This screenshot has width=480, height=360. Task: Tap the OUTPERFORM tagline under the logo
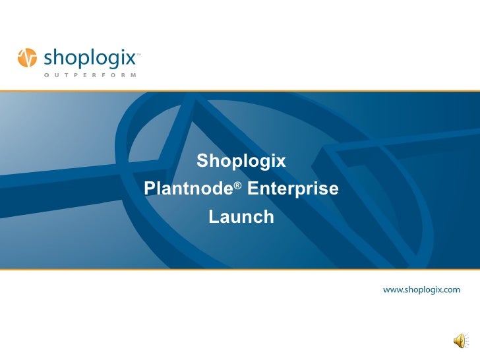pyautogui.click(x=90, y=75)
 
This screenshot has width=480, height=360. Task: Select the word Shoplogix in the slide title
pyautogui.click(x=241, y=161)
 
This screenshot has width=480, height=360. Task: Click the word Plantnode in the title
pyautogui.click(x=187, y=190)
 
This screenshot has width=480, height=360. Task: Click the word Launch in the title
pyautogui.click(x=241, y=217)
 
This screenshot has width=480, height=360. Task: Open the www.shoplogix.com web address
pyautogui.click(x=422, y=289)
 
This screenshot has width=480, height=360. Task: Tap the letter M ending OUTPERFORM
pyautogui.click(x=134, y=75)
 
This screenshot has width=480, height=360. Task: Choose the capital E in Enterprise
pyautogui.click(x=253, y=190)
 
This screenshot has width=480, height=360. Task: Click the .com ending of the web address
pyautogui.click(x=450, y=289)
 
